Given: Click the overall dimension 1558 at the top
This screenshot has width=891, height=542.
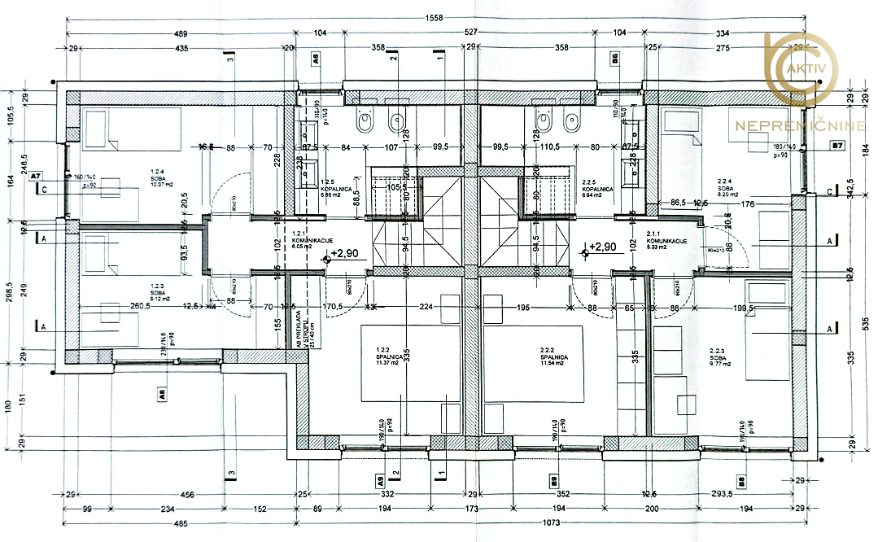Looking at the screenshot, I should [x=430, y=18].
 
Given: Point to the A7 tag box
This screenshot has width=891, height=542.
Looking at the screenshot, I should [x=36, y=175].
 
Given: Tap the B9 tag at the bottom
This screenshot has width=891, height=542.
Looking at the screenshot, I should [x=553, y=479].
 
